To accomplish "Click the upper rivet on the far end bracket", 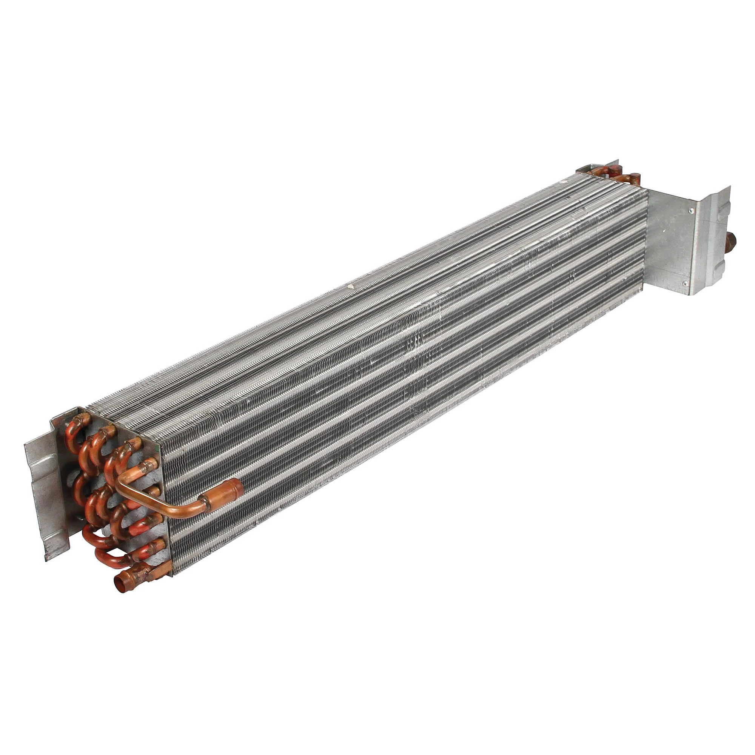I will coord(691,211).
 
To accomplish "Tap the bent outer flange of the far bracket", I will coord(715,234).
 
